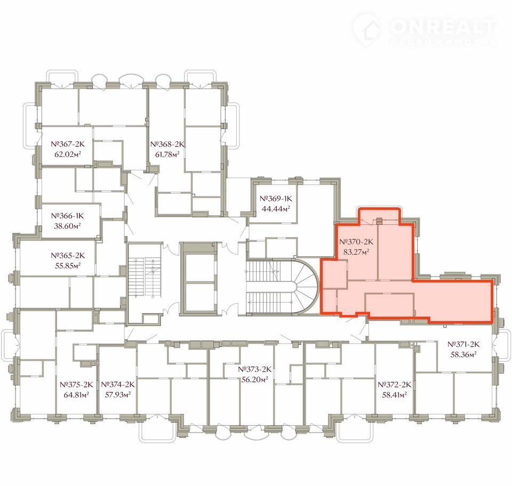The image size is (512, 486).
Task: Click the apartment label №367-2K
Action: click(68, 144)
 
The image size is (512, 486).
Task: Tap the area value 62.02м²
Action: click(68, 154)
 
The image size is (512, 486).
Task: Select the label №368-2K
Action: click(167, 144)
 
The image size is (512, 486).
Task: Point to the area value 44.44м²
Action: click(276, 209)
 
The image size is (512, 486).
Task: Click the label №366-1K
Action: click(68, 216)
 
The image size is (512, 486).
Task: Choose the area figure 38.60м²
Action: click(68, 226)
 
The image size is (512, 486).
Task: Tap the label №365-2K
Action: click(68, 255)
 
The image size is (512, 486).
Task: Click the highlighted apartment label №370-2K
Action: click(356, 242)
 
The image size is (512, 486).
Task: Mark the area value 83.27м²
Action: click(356, 252)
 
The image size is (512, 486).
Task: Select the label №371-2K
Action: click(463, 344)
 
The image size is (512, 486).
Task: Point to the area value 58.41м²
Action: click(395, 395)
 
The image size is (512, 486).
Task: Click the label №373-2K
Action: click(255, 369)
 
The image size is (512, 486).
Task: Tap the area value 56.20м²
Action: click(255, 379)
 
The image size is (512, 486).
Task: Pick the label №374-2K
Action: click(118, 385)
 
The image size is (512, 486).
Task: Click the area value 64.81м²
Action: click(76, 395)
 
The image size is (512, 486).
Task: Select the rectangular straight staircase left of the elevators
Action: click(145, 278)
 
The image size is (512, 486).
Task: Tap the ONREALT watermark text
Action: click(443, 27)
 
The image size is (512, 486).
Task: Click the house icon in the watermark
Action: click(367, 29)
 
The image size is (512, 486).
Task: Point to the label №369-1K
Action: click(276, 199)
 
